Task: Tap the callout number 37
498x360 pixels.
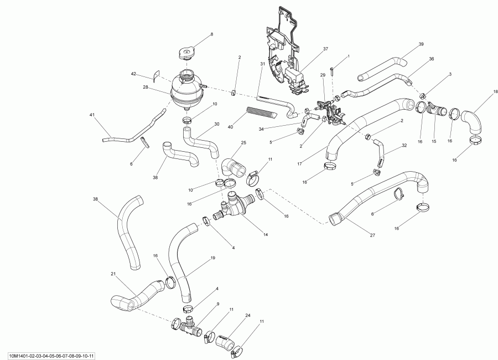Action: click(x=326, y=49)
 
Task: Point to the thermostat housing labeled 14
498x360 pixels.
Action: click(x=235, y=205)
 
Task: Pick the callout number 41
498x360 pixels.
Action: click(x=92, y=115)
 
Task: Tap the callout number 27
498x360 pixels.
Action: click(x=372, y=235)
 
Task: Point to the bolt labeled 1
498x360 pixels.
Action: click(x=331, y=70)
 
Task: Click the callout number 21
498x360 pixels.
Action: click(x=114, y=275)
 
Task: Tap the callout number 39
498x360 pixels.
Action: click(x=421, y=44)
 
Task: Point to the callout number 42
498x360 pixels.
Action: click(x=133, y=74)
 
